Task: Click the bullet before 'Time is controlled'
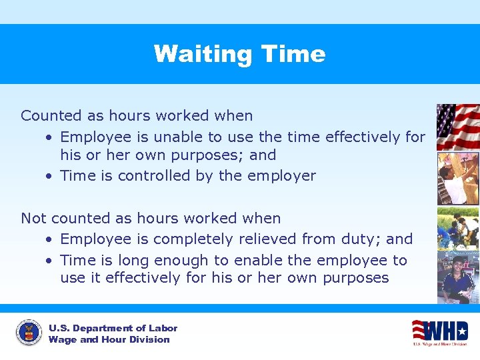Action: pyautogui.click(x=50, y=177)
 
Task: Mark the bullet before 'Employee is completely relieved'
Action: pyautogui.click(x=50, y=239)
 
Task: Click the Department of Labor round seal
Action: pyautogui.click(x=28, y=333)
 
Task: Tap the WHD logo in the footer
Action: pyautogui.click(x=439, y=331)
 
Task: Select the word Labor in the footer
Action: pyautogui.click(x=163, y=328)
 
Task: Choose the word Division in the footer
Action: pyautogui.click(x=151, y=339)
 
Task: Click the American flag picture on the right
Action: pyautogui.click(x=457, y=127)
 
